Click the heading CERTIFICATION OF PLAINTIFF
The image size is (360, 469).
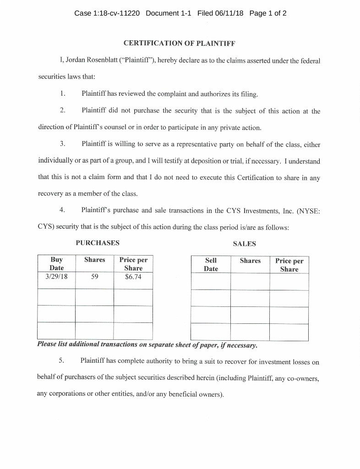coord(180,44)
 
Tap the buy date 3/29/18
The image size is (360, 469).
coord(56,277)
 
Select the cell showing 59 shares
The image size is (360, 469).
coord(94,277)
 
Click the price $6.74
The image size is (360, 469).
coord(133,277)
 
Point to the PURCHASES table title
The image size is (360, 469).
coord(98,243)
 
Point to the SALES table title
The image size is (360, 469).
coord(244,244)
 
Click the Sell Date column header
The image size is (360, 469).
coord(211,264)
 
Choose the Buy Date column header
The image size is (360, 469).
coord(57,263)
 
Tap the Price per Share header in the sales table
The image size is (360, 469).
coord(289,265)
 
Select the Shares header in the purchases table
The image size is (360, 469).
coord(95,260)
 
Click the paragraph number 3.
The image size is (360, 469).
coord(63,144)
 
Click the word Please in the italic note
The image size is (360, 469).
coord(48,344)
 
